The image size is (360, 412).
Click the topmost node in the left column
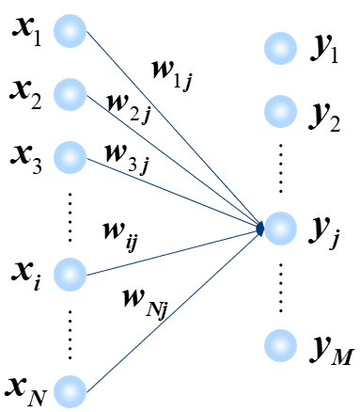pyautogui.click(x=70, y=31)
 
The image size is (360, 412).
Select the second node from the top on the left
pyautogui.click(x=70, y=94)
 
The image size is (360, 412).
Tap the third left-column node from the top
pyautogui.click(x=70, y=157)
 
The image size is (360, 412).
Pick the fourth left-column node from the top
pyautogui.click(x=70, y=274)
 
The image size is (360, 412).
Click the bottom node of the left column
pyautogui.click(x=70, y=391)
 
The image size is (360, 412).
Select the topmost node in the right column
pyautogui.click(x=280, y=48)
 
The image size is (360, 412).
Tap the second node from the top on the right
pyautogui.click(x=280, y=111)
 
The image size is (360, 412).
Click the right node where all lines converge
pyautogui.click(x=280, y=229)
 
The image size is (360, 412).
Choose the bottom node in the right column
pyautogui.click(x=280, y=345)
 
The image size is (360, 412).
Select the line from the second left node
pyautogui.click(x=174, y=160)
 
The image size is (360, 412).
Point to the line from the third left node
pyautogui.click(x=174, y=193)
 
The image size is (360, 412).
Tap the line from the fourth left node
pyautogui.click(x=174, y=251)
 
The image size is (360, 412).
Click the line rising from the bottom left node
pyautogui.click(x=174, y=309)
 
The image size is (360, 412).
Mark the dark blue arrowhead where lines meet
pyautogui.click(x=260, y=229)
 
